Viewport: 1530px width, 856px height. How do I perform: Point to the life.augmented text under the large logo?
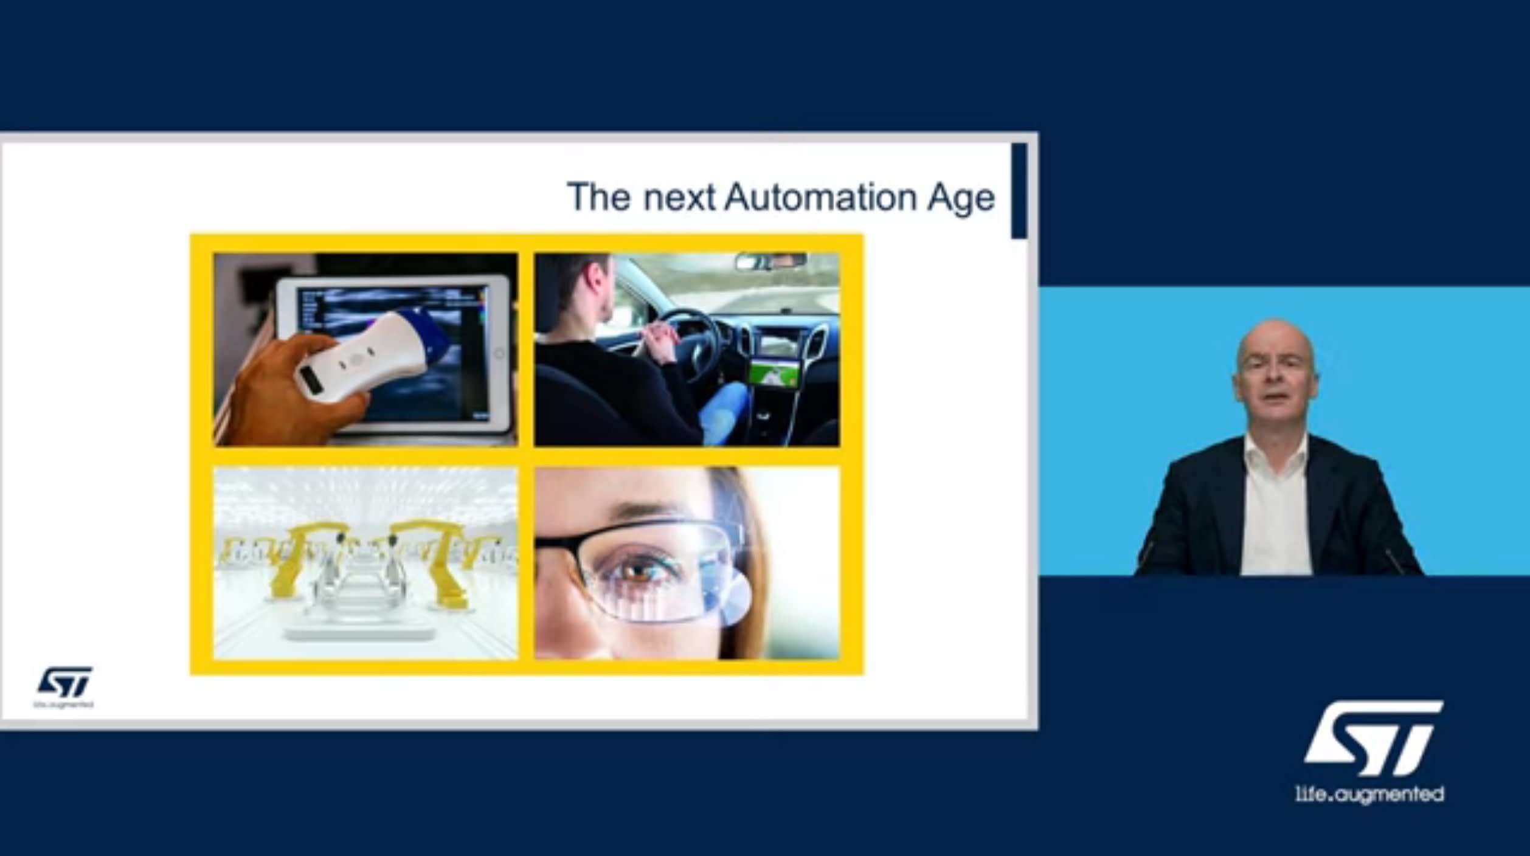tap(1369, 794)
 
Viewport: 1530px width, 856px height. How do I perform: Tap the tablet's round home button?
tap(499, 353)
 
